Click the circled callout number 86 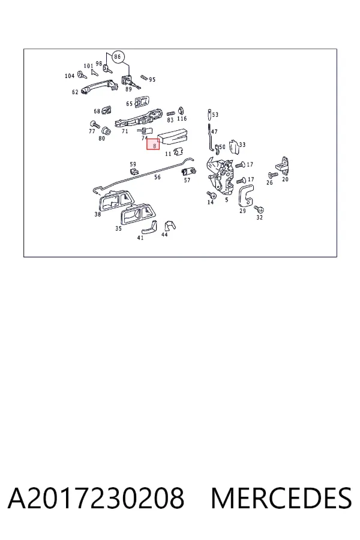pyautogui.click(x=118, y=56)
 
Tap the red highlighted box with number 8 pyautogui.click(x=154, y=144)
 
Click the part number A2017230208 pyautogui.click(x=96, y=498)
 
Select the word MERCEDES pyautogui.click(x=281, y=498)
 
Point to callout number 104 pyautogui.click(x=70, y=76)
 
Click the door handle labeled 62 pyautogui.click(x=99, y=86)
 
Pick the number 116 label pyautogui.click(x=182, y=118)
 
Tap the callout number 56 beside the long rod pyautogui.click(x=157, y=178)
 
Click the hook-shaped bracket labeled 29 pyautogui.click(x=246, y=196)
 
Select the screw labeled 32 pyautogui.click(x=259, y=209)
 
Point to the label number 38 pyautogui.click(x=98, y=214)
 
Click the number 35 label pyautogui.click(x=119, y=229)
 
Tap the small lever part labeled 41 pyautogui.click(x=148, y=226)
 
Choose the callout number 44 pyautogui.click(x=164, y=235)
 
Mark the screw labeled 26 pyautogui.click(x=273, y=176)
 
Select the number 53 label pyautogui.click(x=215, y=115)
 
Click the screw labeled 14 pyautogui.click(x=211, y=195)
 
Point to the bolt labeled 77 pyautogui.click(x=94, y=124)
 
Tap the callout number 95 pyautogui.click(x=152, y=80)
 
